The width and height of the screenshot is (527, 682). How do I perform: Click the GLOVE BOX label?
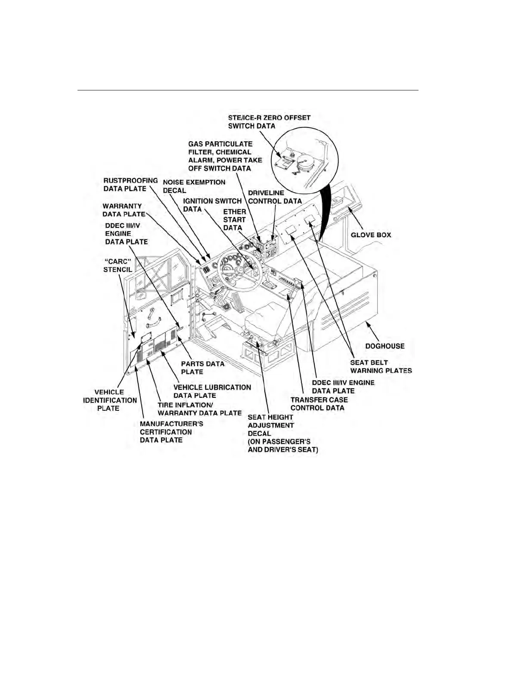371,235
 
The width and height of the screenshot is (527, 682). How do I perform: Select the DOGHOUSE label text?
384,346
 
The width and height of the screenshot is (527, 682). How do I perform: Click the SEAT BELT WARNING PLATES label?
381,366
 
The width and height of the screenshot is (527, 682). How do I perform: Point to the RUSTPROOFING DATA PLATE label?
130,184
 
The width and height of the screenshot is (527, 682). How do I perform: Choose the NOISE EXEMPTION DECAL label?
194,186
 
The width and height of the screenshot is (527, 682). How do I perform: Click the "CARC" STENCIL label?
118,265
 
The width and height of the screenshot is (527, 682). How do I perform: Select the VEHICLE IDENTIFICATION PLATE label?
110,400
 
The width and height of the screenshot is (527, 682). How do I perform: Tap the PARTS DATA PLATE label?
202,368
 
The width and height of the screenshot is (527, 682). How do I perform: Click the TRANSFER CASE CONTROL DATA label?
319,403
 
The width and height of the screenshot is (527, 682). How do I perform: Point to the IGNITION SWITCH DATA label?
212,205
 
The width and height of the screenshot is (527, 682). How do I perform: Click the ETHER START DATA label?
235,220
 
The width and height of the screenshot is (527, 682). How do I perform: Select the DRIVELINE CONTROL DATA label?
275,197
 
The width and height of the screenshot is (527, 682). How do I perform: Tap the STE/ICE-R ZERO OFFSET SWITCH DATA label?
269,121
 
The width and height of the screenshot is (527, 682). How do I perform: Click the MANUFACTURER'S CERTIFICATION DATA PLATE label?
171,432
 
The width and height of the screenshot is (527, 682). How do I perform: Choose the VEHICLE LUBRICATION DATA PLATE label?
212,391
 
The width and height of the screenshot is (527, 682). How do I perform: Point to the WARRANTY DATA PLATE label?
123,210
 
